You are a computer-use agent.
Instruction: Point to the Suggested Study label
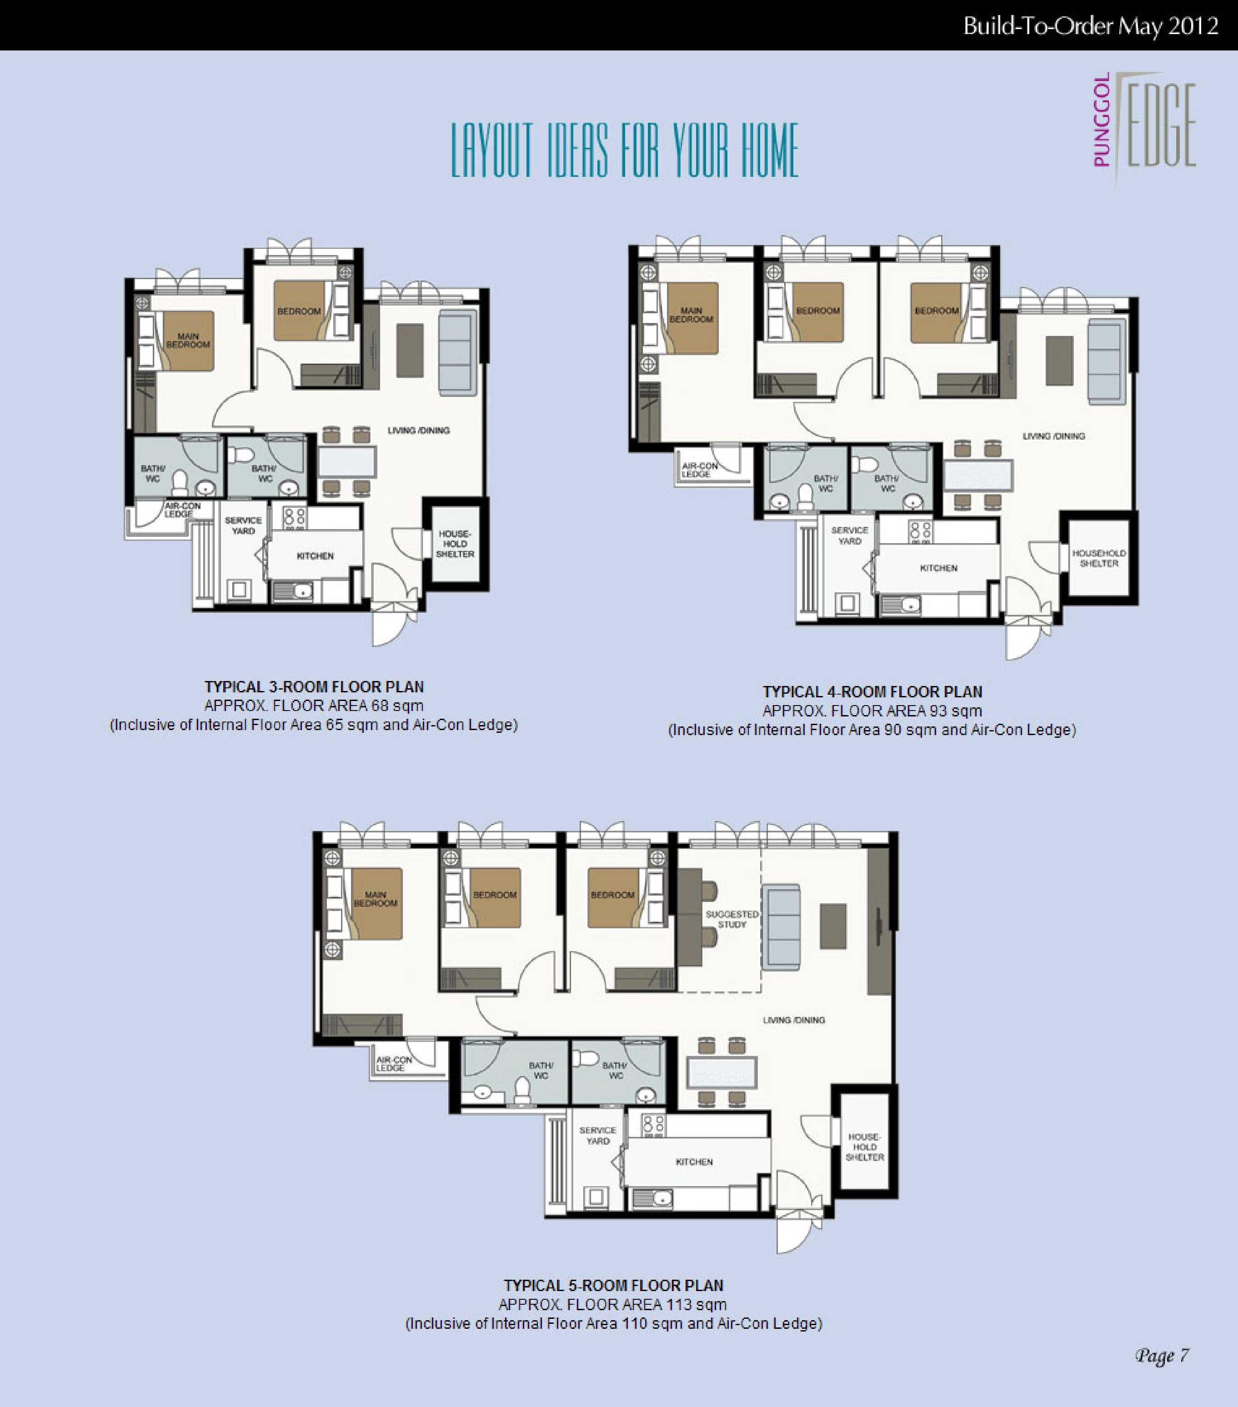732,919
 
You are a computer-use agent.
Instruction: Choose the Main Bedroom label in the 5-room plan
375,899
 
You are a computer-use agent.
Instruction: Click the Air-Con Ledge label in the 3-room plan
182,509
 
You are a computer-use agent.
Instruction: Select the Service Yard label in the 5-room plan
598,1135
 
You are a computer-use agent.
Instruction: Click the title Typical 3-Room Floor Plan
314,686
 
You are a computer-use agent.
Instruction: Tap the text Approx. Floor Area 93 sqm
872,711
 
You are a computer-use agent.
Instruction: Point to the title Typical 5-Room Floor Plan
613,1285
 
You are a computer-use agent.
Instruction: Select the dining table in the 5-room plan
722,1072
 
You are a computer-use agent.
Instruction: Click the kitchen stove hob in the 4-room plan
921,531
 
